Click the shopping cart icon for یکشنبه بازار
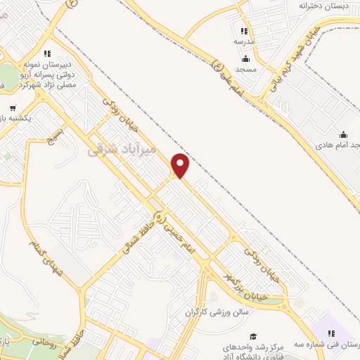13,108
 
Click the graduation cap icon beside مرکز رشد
252,336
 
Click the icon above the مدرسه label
244,31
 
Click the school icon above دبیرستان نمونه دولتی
46,53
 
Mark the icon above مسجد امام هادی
343,134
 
